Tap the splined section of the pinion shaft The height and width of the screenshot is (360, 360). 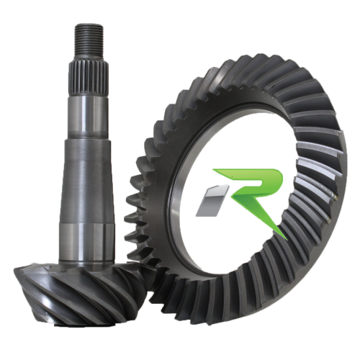pyautogui.click(x=89, y=79)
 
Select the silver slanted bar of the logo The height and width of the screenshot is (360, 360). pyautogui.click(x=212, y=200)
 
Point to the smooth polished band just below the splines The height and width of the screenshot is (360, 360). pyautogui.click(x=88, y=117)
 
